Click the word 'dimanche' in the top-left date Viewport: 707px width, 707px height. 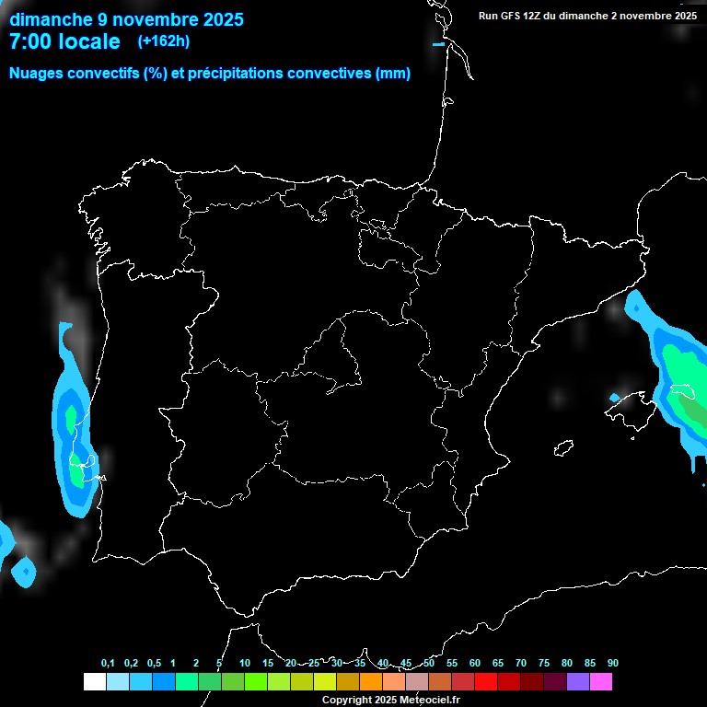pyautogui.click(x=51, y=18)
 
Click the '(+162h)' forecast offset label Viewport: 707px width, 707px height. pyautogui.click(x=163, y=41)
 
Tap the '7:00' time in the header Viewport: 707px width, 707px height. pyautogui.click(x=30, y=41)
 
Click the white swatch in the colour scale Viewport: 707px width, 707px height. pyautogui.click(x=94, y=682)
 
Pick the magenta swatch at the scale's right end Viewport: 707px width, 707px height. pyautogui.click(x=601, y=682)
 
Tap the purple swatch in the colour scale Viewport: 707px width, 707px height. pyautogui.click(x=578, y=682)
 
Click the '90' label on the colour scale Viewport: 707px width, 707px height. pyautogui.click(x=613, y=664)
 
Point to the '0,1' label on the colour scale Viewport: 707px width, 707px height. pyautogui.click(x=108, y=664)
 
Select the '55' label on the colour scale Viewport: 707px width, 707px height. pyautogui.click(x=452, y=664)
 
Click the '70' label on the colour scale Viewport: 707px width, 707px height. pyautogui.click(x=521, y=664)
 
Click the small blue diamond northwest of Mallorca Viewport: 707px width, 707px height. pyautogui.click(x=615, y=398)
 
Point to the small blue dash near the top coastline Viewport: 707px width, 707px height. pyautogui.click(x=438, y=44)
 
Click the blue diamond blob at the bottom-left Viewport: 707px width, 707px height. pyautogui.click(x=24, y=573)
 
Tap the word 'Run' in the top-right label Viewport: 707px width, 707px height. pyautogui.click(x=488, y=16)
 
